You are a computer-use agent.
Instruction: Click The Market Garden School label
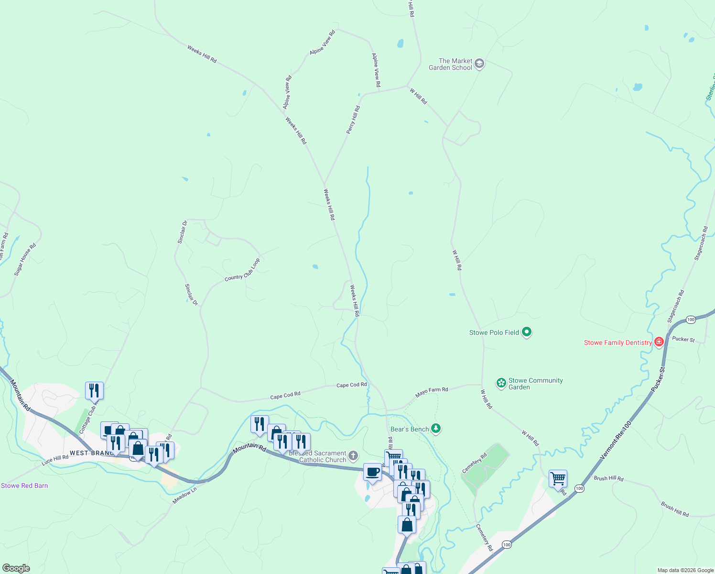[x=455, y=64]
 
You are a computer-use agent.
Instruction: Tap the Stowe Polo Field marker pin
[x=527, y=331]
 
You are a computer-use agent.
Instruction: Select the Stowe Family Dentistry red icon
[x=659, y=342]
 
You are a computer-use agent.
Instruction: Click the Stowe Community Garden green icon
[x=501, y=383]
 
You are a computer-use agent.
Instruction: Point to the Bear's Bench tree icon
[x=435, y=428]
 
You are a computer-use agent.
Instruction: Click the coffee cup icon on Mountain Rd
[x=372, y=472]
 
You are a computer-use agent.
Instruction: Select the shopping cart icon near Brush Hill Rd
[x=558, y=478]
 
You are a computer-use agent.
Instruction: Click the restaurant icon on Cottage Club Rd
[x=94, y=390]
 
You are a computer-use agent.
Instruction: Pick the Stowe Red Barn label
[x=24, y=486]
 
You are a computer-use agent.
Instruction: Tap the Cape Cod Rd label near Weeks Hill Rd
[x=351, y=385]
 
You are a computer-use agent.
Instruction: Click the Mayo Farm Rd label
[x=432, y=392]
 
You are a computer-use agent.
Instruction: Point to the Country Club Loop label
[x=242, y=270]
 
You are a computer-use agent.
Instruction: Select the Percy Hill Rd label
[x=353, y=120]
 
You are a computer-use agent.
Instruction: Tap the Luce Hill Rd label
[x=55, y=460]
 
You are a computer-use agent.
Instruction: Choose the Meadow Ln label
[x=184, y=495]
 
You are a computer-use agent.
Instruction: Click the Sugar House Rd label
[x=25, y=260]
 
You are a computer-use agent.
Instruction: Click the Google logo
[x=16, y=568]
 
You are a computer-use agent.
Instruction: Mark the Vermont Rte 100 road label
[x=616, y=441]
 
